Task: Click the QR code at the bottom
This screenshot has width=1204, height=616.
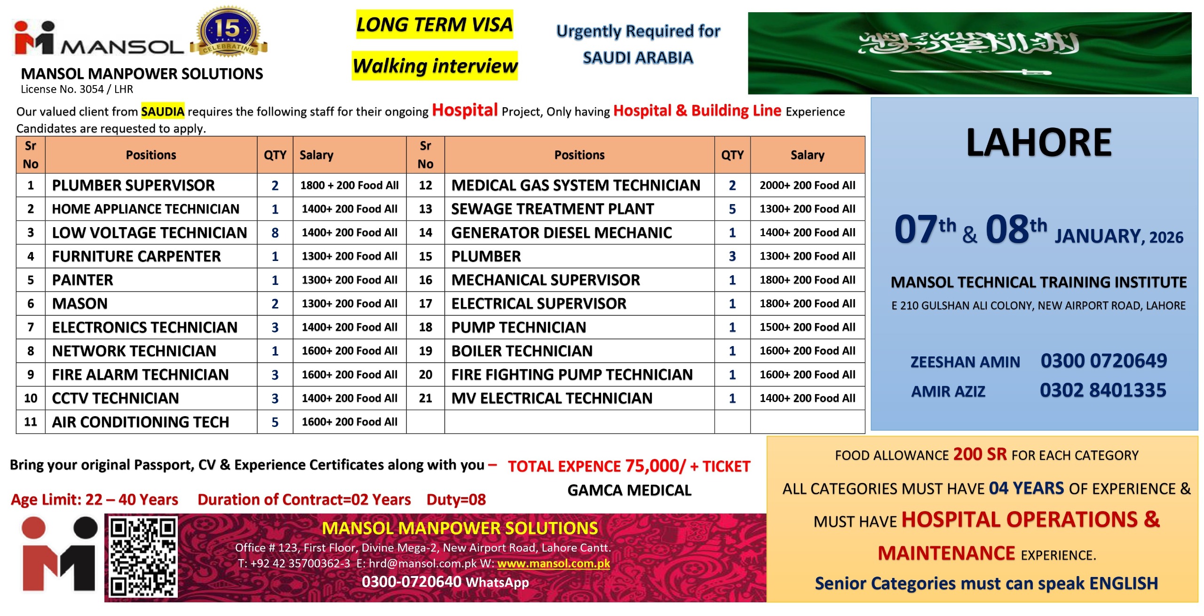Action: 143,557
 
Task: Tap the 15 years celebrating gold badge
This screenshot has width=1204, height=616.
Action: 229,32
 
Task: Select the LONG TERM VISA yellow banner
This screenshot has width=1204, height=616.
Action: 434,24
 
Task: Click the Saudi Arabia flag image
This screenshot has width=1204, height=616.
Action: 969,53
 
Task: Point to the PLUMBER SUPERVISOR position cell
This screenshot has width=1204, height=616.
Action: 134,185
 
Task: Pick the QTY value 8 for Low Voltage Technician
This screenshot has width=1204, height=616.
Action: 275,233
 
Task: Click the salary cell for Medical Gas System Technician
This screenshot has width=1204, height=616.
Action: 807,185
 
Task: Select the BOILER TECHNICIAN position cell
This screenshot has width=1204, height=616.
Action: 522,351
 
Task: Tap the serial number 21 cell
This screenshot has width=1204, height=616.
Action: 425,398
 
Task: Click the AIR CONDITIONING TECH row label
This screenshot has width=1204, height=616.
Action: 140,422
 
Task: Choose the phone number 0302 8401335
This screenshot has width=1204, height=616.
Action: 1102,390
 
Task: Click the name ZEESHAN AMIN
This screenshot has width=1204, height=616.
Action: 965,362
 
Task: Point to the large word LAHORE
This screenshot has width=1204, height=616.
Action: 1038,142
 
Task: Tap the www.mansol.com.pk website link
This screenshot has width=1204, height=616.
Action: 553,563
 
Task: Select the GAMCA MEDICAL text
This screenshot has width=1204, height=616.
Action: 629,490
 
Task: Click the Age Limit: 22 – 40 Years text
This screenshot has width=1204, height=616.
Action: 95,499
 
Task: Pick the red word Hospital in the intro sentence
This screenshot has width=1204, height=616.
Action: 465,110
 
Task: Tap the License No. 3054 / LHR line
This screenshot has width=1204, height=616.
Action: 77,89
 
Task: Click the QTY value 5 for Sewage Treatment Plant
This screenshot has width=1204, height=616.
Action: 732,209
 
